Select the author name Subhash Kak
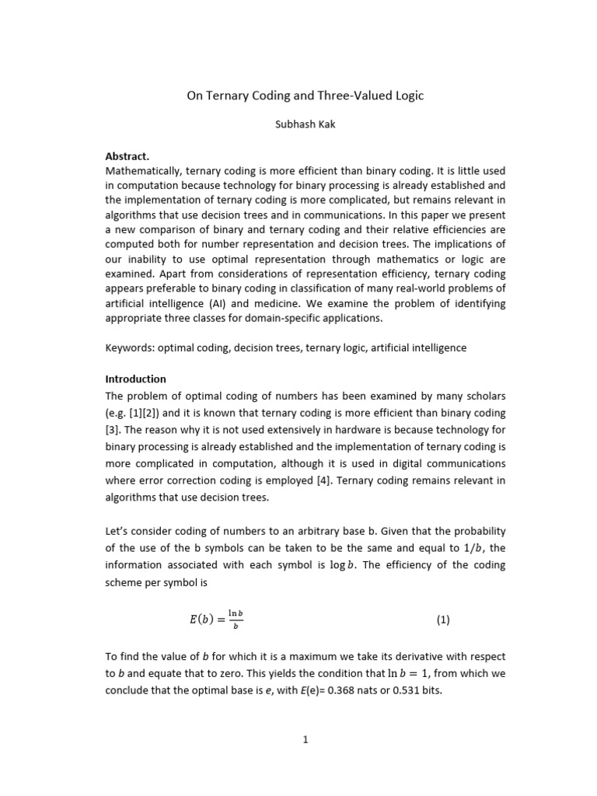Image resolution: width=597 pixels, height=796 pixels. coord(305,125)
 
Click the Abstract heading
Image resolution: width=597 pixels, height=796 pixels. coord(127,155)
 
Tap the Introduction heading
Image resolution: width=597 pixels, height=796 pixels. coord(135,379)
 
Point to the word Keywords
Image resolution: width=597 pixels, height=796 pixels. coord(128,348)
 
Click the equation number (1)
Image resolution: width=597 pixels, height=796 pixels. coord(442,620)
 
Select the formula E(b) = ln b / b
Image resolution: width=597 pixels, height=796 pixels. coord(216,620)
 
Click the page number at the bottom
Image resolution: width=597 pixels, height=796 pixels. coord(305,740)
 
